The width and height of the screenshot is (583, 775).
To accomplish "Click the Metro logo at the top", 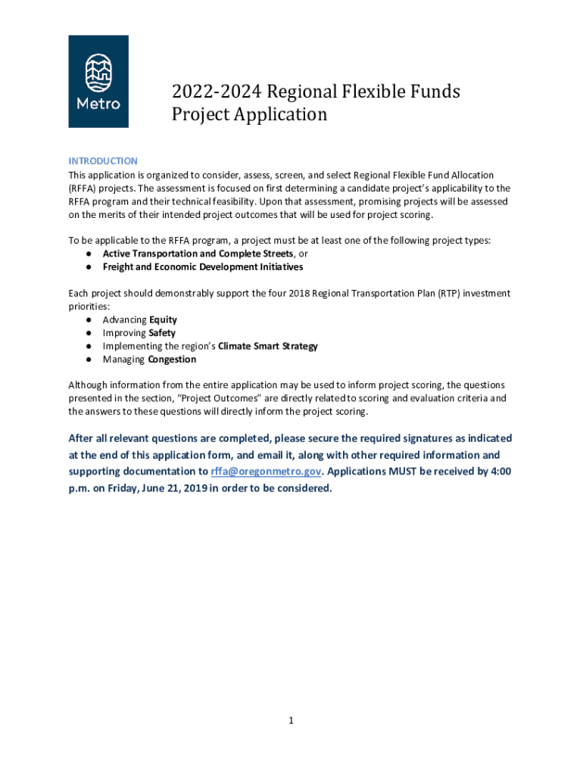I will (98, 81).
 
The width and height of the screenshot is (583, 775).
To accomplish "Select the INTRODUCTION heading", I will (103, 161).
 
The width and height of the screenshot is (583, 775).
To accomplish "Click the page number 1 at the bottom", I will (291, 721).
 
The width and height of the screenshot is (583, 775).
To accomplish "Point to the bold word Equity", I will (163, 320).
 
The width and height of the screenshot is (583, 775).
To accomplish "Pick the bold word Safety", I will (162, 333).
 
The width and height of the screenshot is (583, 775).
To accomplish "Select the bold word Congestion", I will (172, 359).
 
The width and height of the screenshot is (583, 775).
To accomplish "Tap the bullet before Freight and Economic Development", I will (89, 267).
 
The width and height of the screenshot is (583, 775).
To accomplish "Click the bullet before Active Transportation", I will (89, 254).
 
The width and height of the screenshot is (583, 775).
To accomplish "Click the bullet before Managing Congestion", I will (89, 359).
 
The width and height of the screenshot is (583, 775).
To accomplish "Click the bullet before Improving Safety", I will (89, 333).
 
